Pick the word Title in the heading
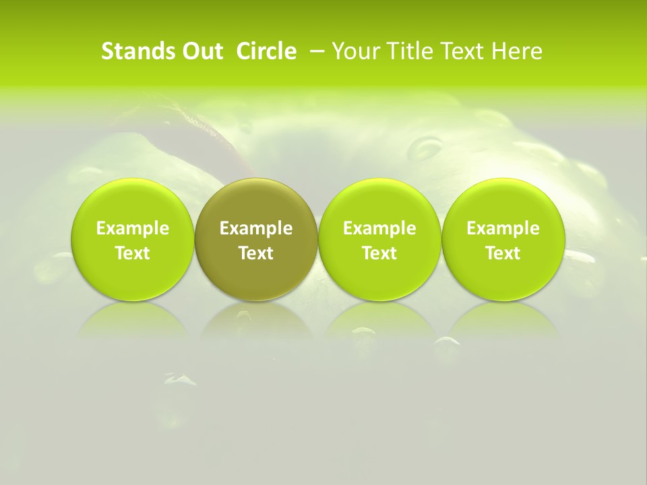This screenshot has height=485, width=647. tap(411, 51)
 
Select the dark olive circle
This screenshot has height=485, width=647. tap(256, 238)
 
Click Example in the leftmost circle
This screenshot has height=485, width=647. tap(133, 228)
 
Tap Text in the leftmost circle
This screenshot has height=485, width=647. tap(133, 253)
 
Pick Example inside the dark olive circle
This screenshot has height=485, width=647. tap(256, 228)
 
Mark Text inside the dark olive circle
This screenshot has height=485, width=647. tap(256, 253)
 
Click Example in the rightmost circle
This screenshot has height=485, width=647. tap(503, 228)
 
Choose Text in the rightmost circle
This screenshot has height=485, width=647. tap(503, 253)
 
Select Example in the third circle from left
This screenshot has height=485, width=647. tap(379, 228)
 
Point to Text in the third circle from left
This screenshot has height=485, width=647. tap(379, 253)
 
